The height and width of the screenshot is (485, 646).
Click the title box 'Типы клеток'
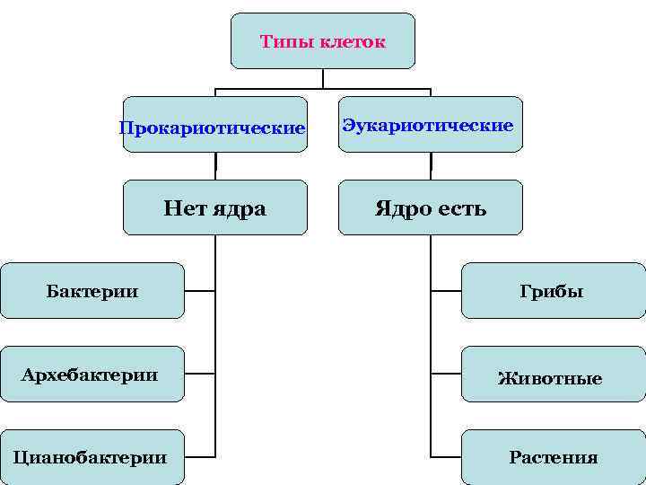coord(323,41)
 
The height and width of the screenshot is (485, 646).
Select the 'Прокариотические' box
coord(214,126)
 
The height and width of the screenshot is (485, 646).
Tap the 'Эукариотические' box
coord(429,125)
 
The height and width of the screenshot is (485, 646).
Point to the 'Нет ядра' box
coord(214,208)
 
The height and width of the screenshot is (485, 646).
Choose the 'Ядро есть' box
coord(430,208)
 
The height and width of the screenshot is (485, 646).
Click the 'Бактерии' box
coord(92,291)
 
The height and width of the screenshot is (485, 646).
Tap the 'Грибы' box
coord(554,291)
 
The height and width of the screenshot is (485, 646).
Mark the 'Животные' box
coord(554,378)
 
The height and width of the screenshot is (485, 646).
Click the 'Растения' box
coord(554,456)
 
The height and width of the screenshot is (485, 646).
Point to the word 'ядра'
coord(241,209)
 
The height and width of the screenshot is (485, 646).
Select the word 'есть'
coord(461,209)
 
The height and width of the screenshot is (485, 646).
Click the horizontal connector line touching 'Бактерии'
coord(200,291)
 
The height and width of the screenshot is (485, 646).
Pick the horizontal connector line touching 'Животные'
coord(446,374)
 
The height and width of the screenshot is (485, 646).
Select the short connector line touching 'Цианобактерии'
coord(200,456)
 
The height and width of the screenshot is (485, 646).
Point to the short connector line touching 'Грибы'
coord(446,291)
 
